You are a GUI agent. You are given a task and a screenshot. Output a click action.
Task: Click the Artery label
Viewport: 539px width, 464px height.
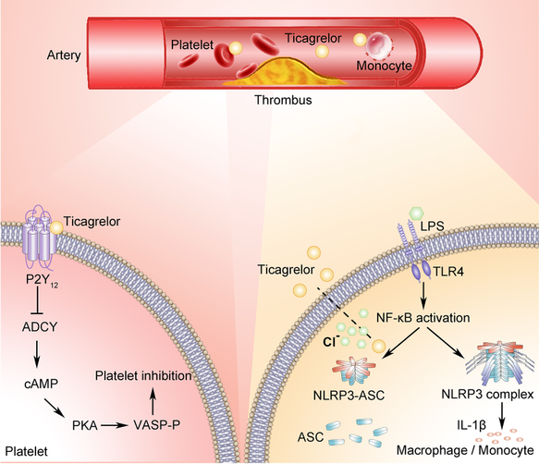64,55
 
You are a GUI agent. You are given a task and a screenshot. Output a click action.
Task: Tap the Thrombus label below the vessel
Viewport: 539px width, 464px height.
283,100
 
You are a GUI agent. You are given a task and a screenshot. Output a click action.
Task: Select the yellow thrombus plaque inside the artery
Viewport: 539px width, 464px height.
284,72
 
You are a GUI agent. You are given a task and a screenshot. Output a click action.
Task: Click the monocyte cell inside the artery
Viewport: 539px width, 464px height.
379,44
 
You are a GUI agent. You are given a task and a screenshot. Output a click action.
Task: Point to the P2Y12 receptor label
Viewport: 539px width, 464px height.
42,280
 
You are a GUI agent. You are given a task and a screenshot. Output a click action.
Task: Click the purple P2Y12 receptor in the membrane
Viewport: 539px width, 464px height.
39,238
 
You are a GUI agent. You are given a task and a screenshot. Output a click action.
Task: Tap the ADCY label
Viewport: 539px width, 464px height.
40,327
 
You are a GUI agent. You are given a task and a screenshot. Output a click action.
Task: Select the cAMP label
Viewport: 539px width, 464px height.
42,384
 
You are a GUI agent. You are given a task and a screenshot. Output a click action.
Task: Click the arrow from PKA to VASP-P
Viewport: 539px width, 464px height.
114,425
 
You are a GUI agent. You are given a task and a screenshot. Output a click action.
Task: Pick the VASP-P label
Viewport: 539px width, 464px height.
157,425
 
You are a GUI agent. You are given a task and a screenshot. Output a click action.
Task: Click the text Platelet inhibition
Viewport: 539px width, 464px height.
143,376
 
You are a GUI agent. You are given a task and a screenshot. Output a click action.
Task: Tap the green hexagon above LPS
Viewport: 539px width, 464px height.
417,214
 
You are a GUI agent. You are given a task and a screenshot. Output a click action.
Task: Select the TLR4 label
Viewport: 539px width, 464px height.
448,272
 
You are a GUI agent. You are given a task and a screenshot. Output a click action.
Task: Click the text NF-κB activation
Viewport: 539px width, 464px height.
423,318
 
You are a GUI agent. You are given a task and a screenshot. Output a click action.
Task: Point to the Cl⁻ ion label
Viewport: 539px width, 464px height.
331,342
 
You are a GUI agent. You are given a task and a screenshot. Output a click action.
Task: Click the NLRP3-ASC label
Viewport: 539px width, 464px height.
349,396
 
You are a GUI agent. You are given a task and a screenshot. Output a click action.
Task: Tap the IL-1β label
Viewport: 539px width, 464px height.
472,425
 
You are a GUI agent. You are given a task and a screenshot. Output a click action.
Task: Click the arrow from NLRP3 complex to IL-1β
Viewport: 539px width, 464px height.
502,415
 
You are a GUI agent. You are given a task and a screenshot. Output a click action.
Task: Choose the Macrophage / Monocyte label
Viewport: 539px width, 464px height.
465,450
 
